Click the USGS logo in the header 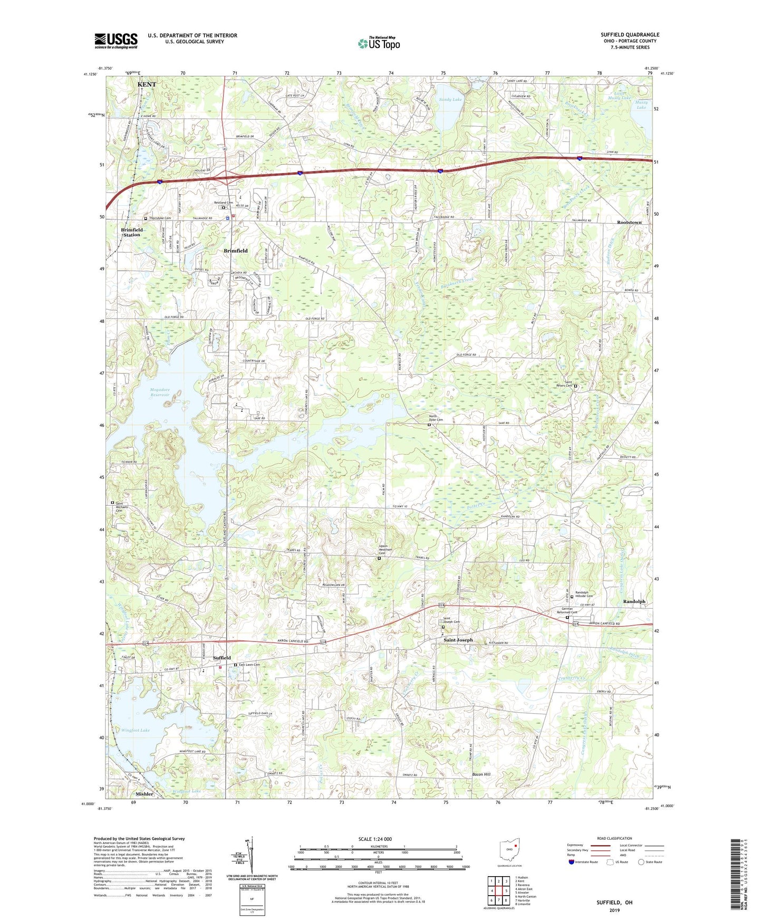click(x=116, y=41)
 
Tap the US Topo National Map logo click(x=378, y=43)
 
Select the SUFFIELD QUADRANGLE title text click(x=630, y=35)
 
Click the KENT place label click(x=147, y=84)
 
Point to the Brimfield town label click(x=235, y=251)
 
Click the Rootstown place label click(x=629, y=223)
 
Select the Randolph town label click(x=634, y=601)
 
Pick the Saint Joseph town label click(x=458, y=640)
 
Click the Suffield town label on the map click(x=221, y=658)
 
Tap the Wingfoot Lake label click(x=136, y=731)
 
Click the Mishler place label click(x=144, y=794)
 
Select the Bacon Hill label click(x=480, y=774)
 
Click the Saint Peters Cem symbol click(x=575, y=386)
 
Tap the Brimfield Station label click(x=131, y=232)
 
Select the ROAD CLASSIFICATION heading click(x=614, y=838)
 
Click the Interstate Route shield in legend click(x=572, y=863)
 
